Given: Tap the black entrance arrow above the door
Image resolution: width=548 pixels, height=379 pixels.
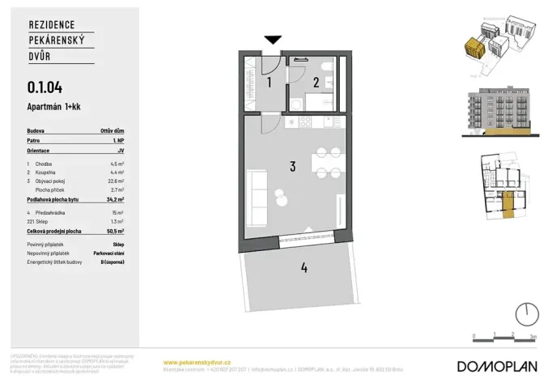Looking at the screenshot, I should point(273,40).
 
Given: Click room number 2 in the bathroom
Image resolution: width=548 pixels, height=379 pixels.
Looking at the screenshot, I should point(316,82).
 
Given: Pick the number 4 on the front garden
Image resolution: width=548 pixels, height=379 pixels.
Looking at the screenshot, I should point(304,268).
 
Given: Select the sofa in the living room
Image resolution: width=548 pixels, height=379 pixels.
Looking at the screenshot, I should point(257,192).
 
